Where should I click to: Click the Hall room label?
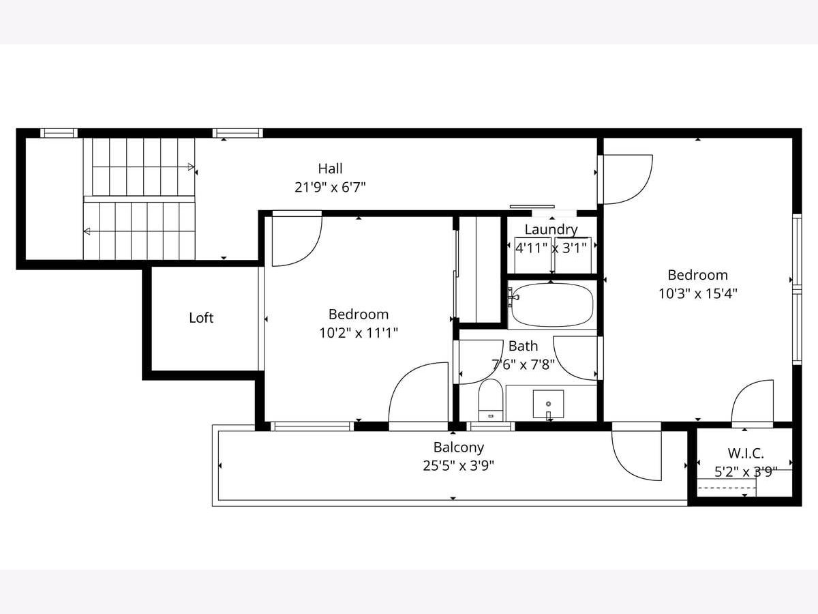(x=330, y=169)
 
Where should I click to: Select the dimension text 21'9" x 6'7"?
(x=330, y=187)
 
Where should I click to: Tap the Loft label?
(x=201, y=318)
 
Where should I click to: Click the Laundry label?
(x=551, y=230)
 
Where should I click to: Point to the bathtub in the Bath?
(x=552, y=305)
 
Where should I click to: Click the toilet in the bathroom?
(x=491, y=400)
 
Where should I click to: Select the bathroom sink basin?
(x=548, y=405)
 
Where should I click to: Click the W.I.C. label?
(x=746, y=453)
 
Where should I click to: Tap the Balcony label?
(x=458, y=448)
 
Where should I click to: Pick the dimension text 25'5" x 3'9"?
(x=458, y=466)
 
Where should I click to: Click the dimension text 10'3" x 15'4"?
(x=697, y=294)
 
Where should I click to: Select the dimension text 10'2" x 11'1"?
(x=359, y=333)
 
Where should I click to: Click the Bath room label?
(x=524, y=347)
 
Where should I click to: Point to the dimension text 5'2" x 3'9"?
(x=746, y=472)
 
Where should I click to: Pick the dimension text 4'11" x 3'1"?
(x=551, y=248)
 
